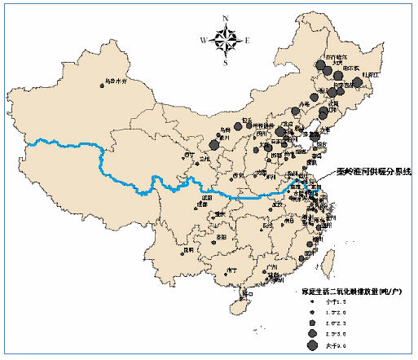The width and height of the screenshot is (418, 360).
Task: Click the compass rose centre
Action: click(226, 38)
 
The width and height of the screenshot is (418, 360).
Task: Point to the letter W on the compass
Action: click(205, 38)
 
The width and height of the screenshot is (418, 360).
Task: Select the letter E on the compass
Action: click(247, 39)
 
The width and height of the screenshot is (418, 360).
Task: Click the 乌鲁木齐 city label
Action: click(117, 81)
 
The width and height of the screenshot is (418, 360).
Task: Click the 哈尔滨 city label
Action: click(341, 68)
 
